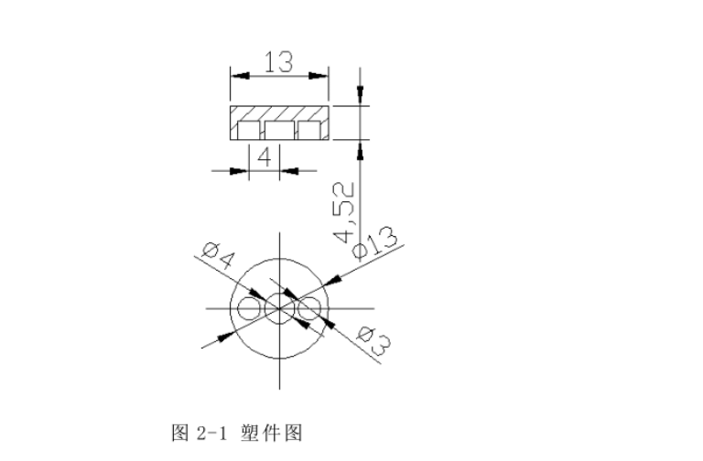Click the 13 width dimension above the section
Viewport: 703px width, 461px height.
click(x=278, y=63)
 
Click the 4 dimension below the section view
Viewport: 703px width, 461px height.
click(x=264, y=156)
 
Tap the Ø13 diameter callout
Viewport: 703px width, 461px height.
click(x=376, y=243)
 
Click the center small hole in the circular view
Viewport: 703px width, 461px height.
click(x=279, y=309)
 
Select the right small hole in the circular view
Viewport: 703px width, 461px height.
click(x=309, y=309)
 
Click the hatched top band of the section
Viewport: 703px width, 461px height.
click(x=278, y=113)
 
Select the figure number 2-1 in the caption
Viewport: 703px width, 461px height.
click(x=206, y=430)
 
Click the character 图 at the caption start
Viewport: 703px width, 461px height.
click(x=179, y=430)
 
